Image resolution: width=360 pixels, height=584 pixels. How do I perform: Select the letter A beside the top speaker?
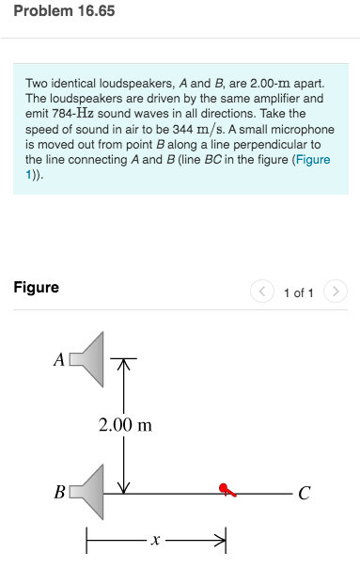pos(58,359)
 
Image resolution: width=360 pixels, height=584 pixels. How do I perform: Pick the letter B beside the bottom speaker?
pos(59,491)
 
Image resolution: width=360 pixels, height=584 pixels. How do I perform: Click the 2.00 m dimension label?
pos(125,425)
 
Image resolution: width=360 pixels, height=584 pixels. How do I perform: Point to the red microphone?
pos(227,489)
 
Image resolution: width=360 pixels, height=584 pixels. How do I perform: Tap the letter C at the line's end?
pos(303,492)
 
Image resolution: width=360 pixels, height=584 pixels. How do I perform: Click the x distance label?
pos(156,541)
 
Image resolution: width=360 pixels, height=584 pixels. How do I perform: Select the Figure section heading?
pos(36,287)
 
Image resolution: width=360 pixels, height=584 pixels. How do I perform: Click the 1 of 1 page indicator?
pos(298,293)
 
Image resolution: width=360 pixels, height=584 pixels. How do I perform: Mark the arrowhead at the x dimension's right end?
pos(224,540)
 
